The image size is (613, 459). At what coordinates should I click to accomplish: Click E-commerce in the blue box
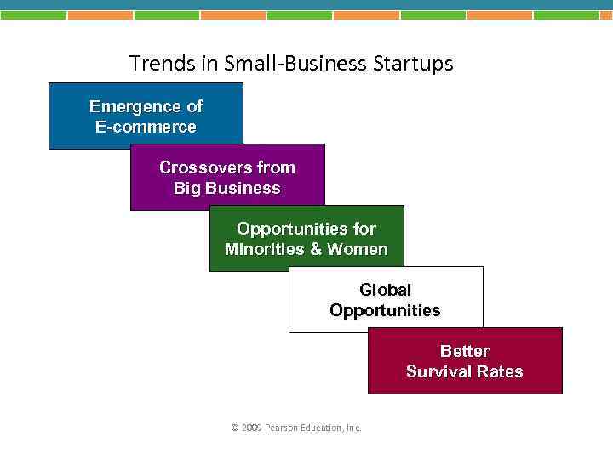146,127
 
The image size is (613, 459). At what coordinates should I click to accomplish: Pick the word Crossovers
195,167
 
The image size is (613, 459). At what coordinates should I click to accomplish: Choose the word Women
358,249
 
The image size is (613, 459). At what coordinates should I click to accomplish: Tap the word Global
385,290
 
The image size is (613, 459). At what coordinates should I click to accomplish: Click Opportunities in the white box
385,310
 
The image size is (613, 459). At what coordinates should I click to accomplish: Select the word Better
465,351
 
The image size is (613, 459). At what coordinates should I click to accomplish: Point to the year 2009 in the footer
251,428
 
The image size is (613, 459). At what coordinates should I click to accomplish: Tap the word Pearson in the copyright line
281,428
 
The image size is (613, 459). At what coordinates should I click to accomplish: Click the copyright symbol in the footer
235,428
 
